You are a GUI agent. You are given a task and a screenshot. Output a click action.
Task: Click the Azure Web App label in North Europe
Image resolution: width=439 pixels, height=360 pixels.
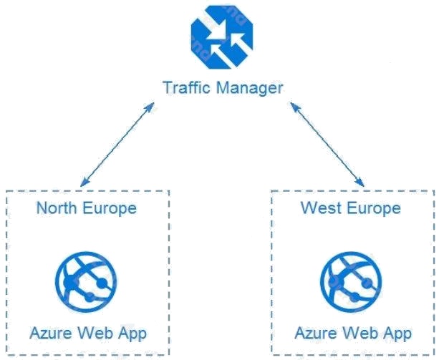click(88, 333)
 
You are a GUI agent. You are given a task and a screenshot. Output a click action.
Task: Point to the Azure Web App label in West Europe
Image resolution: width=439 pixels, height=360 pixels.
click(353, 333)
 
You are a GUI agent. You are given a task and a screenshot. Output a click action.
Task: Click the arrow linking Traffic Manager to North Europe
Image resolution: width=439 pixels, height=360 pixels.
click(118, 143)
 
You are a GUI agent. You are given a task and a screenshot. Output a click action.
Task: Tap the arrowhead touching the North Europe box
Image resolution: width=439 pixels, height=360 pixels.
click(84, 182)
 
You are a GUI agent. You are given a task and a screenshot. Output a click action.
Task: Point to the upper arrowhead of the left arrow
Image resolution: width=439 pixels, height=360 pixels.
click(152, 104)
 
